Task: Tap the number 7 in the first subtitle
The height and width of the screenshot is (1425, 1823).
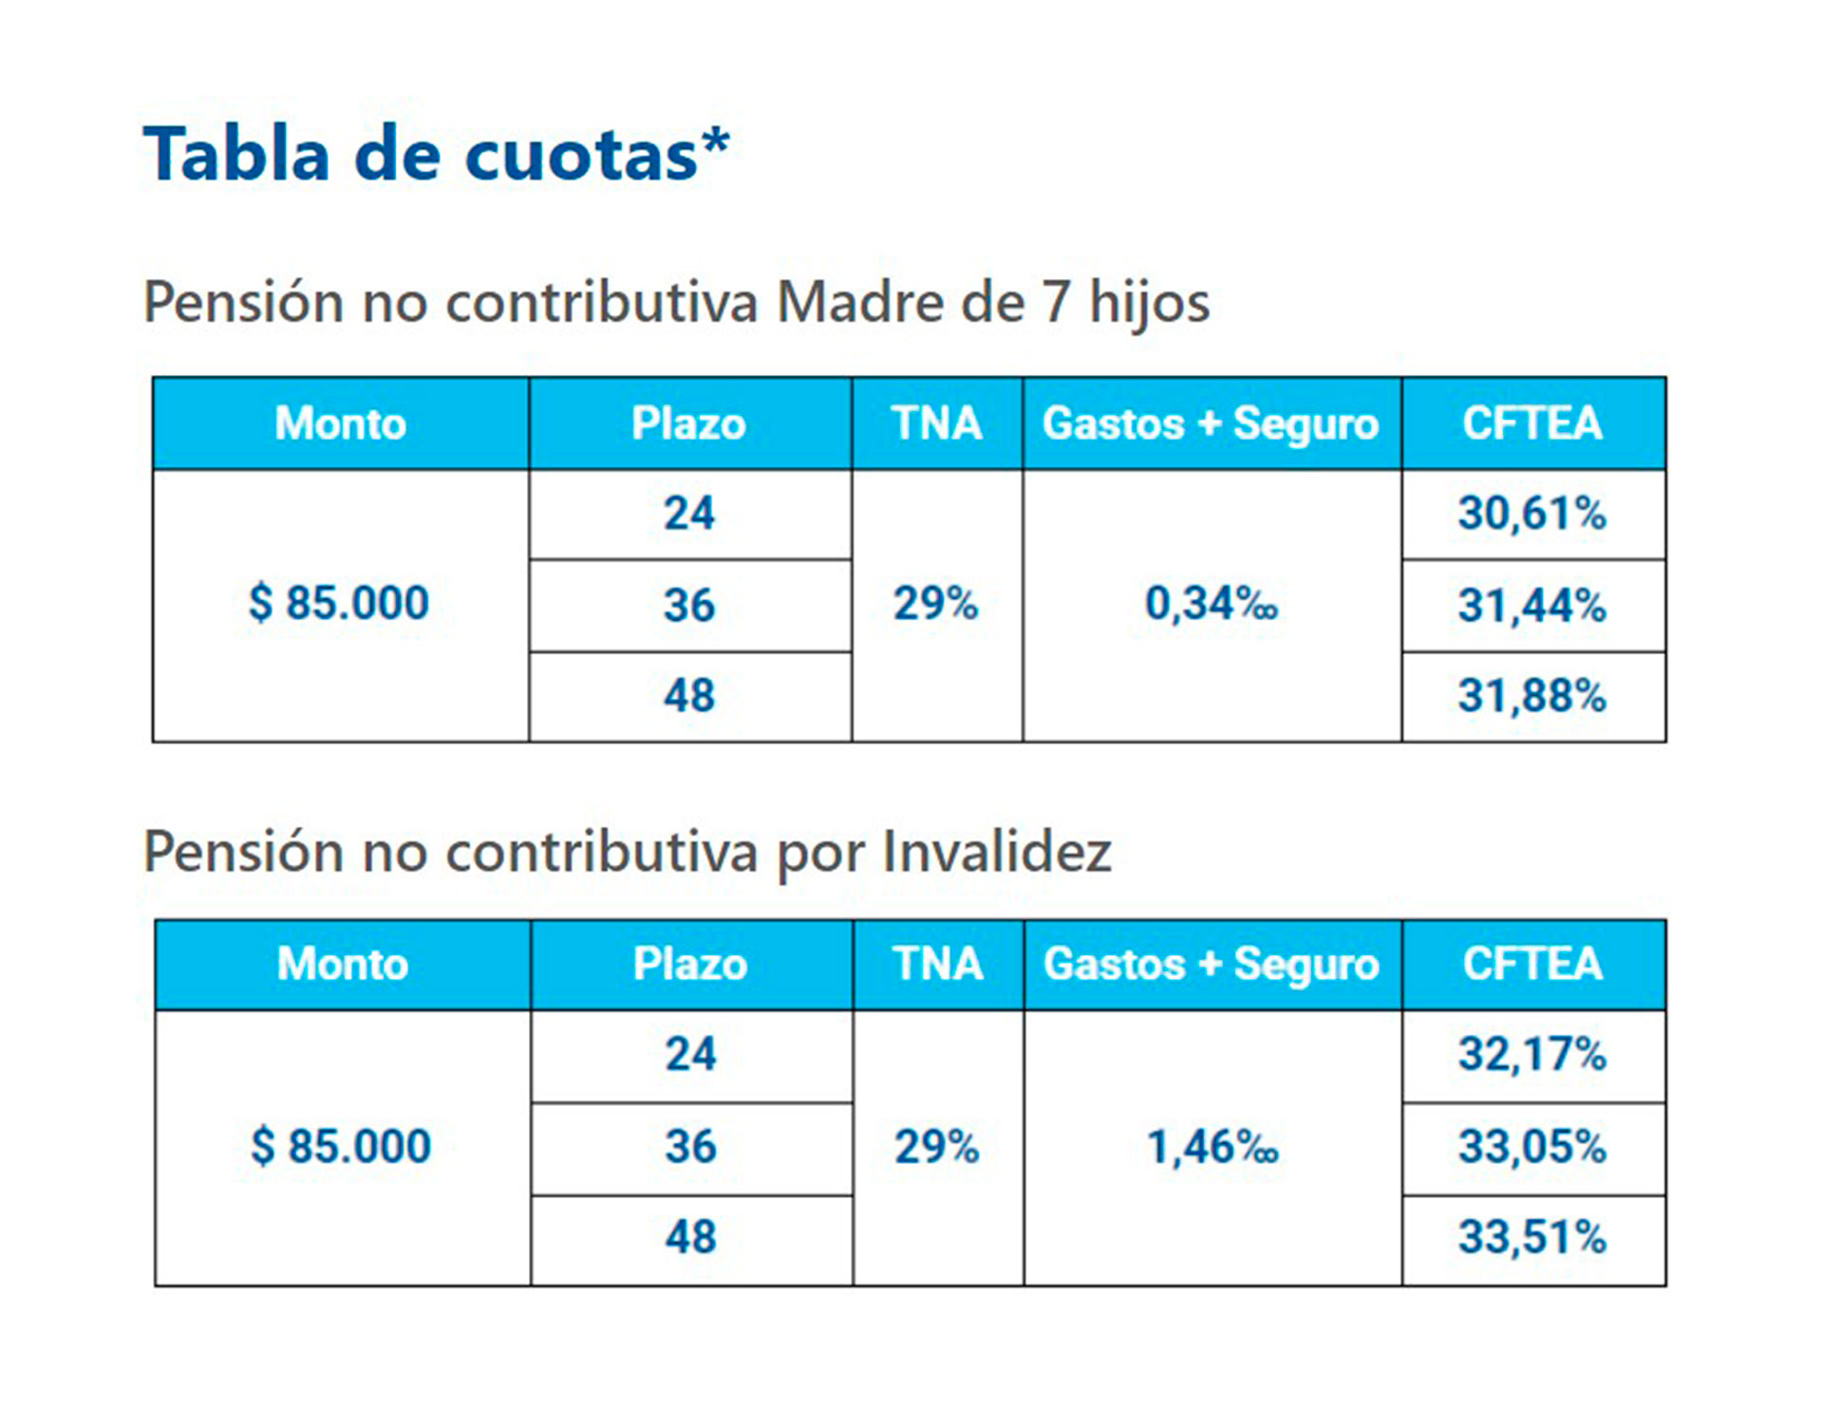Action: [x=1057, y=303]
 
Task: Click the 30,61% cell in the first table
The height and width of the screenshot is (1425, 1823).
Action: [x=1532, y=514]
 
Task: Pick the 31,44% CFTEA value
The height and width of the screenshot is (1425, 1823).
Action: [x=1532, y=606]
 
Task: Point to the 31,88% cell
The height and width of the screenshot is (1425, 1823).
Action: [x=1532, y=696]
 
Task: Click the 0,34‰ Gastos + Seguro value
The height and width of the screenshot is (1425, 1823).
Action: [x=1211, y=604]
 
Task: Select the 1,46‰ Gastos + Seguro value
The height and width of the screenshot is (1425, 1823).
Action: [x=1212, y=1147]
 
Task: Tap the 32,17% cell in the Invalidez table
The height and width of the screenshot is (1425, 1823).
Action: [x=1532, y=1055]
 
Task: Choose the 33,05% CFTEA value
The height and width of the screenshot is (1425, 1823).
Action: [x=1532, y=1147]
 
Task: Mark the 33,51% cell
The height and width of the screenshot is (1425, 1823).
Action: [x=1532, y=1238]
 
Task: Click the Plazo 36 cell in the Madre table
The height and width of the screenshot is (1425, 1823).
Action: [x=689, y=606]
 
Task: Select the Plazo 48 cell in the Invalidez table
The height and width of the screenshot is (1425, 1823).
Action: [x=690, y=1238]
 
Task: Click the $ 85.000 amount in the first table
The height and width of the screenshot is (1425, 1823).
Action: [x=339, y=604]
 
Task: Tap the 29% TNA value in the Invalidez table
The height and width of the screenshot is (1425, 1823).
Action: [x=936, y=1147]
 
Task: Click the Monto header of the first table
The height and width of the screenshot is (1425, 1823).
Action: [x=340, y=423]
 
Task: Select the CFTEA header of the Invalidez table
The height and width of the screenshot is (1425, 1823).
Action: [x=1532, y=965]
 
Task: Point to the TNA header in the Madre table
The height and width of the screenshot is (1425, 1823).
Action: [x=936, y=423]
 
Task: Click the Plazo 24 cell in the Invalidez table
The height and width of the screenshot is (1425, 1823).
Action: [x=690, y=1055]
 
